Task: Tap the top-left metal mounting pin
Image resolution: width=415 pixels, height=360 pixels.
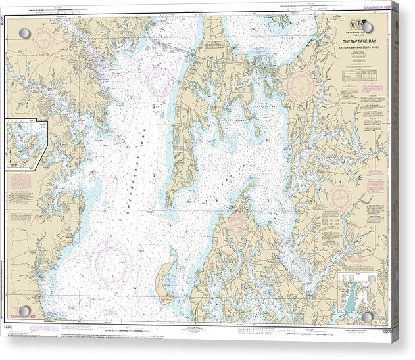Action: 24,34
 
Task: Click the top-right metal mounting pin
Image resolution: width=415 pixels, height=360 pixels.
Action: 366,28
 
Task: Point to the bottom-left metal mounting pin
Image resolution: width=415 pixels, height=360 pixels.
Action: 24,311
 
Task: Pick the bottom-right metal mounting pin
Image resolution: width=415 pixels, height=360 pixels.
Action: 366,317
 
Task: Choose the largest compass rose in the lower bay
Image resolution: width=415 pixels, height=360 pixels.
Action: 111,261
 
